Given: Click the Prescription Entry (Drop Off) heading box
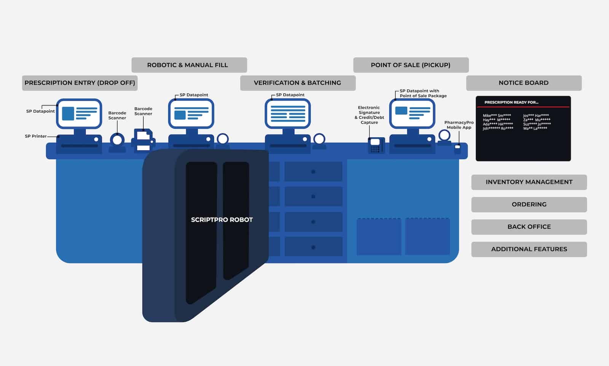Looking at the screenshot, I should pos(80,83).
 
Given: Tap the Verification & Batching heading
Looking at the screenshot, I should pos(298,83).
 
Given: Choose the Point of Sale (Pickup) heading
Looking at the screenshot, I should pos(411,65).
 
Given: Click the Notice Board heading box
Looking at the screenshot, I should pos(524,83).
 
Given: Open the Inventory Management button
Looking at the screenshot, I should pos(529,182).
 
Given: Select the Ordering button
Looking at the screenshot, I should pos(529,205).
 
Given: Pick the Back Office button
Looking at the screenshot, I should pos(529,227).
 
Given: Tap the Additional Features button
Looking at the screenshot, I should pos(529,249).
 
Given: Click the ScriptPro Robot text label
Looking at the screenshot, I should pos(222,220).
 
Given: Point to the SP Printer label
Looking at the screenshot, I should pos(36,136).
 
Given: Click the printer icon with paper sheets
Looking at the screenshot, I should pos(143,141).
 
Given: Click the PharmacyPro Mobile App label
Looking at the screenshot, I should pos(459,125).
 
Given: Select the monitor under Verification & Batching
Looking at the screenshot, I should pos(288,113).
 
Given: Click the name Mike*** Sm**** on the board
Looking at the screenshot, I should pos(497,116).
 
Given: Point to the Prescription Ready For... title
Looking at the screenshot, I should pos(511,103).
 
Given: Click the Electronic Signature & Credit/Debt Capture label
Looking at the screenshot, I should pos(369,115).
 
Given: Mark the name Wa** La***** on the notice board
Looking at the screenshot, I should pos(535,128).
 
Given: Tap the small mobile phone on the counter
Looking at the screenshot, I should pos(458,149).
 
